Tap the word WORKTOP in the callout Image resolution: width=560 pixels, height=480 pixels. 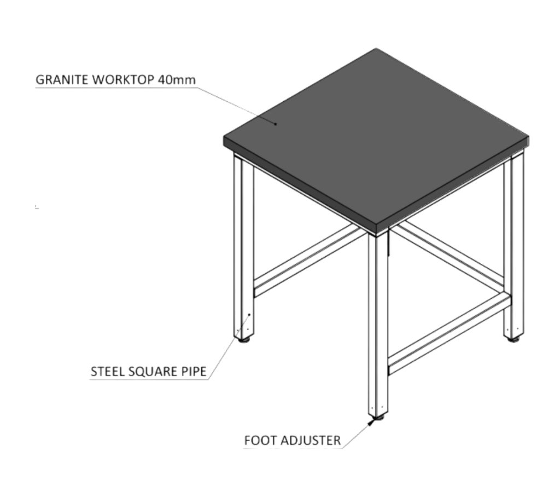tap(123, 80)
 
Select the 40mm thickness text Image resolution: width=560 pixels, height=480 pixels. tap(177, 80)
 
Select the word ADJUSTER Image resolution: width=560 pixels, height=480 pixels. tap(311, 441)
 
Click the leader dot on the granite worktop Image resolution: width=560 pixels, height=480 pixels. tap(276, 124)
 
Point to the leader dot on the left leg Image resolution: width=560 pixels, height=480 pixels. tap(249, 315)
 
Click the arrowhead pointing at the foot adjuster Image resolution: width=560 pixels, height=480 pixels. tap(371, 423)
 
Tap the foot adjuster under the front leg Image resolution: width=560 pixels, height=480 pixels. tap(378, 417)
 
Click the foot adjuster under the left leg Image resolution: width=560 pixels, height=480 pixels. tap(244, 340)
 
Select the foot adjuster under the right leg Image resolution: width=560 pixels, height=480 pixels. tap(514, 339)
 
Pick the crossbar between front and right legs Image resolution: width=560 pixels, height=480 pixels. tap(450, 334)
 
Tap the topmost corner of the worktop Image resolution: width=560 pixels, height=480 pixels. tap(375, 49)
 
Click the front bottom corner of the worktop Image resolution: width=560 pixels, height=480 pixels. tap(378, 235)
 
